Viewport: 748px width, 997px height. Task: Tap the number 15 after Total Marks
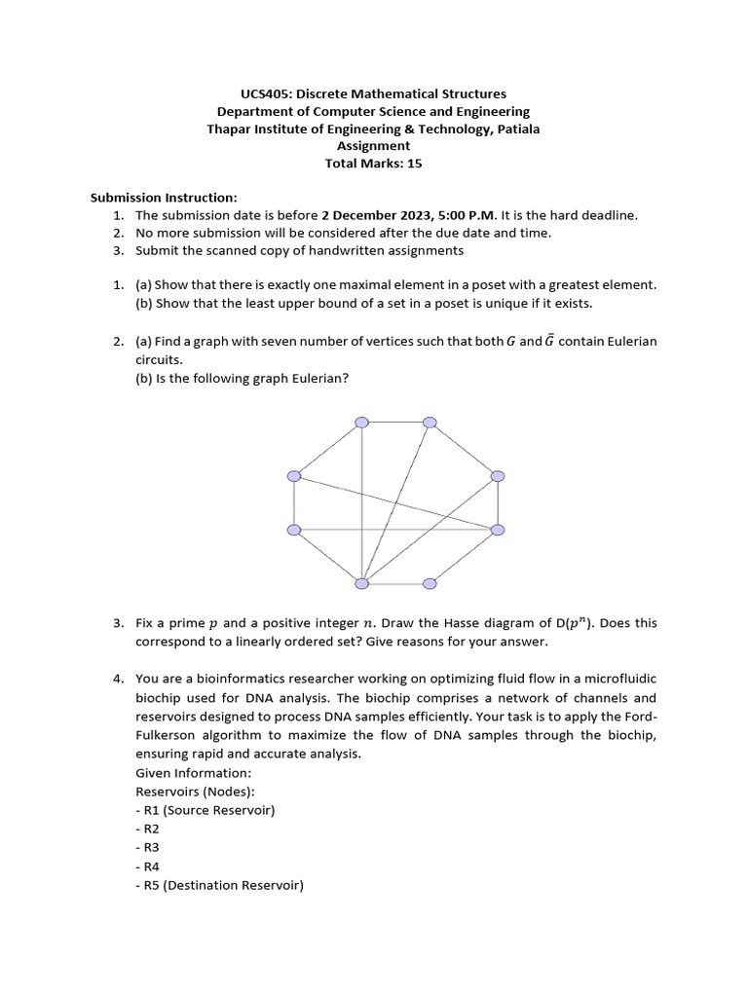(x=415, y=164)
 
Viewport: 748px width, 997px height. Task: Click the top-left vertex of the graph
(x=361, y=422)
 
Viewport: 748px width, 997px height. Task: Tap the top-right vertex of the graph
(x=430, y=422)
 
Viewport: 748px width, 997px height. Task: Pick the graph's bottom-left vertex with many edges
(x=361, y=583)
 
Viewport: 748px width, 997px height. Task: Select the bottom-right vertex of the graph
(x=430, y=583)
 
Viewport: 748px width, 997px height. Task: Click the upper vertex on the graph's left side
(x=294, y=475)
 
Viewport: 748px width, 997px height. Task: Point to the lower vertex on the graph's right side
(x=498, y=529)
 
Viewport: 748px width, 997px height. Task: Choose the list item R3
(x=150, y=847)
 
